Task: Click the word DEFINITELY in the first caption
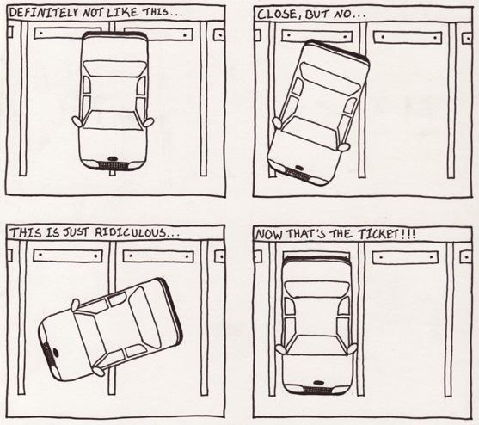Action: pos(45,13)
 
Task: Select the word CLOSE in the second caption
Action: pos(277,15)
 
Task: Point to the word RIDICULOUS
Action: pos(132,232)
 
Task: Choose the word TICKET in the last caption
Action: pos(378,234)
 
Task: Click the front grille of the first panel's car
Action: pos(113,165)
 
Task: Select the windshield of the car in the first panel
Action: pos(114,120)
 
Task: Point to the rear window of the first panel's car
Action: pos(114,68)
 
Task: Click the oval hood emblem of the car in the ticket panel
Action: pos(318,382)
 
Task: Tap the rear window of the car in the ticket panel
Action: pos(316,289)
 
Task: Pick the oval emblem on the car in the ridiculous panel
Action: pos(56,353)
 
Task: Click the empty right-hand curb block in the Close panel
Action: pos(408,37)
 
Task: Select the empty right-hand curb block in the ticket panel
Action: pos(405,257)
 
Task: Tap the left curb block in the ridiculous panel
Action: pos(68,256)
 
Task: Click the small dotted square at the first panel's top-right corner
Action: pos(219,35)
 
